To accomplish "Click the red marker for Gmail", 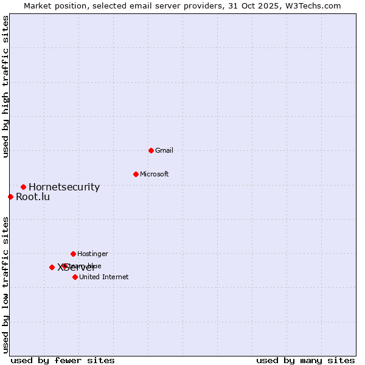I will coord(151,150).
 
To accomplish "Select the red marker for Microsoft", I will coord(136,174).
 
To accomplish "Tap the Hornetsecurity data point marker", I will coord(23,187).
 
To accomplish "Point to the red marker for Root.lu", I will coord(10,196).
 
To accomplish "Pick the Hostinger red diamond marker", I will coord(73,254).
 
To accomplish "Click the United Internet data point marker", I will coord(75,277).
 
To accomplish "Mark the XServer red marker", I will coord(52,267).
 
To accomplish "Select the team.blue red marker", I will coord(64,266).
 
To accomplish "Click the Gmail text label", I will coord(164,150).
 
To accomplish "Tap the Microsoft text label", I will coord(155,174).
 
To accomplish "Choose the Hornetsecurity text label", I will coord(64,187).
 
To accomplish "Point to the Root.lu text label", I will coord(33,196).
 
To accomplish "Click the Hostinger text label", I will coord(92,254).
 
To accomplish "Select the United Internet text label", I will coord(103,277).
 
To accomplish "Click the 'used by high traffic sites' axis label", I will coord(5,86).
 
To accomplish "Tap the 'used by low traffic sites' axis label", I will coord(5,285).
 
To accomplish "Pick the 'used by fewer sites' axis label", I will coord(63,360).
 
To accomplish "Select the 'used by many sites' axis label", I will coord(305,360).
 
